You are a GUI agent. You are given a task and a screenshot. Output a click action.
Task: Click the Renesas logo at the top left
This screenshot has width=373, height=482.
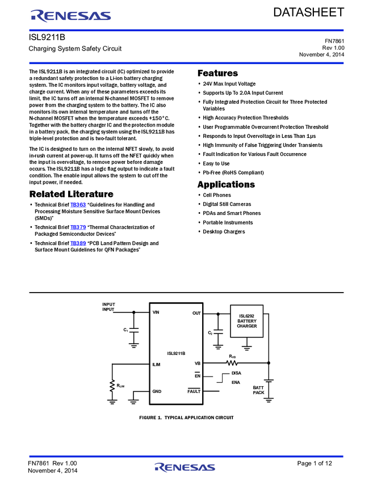coord(71,16)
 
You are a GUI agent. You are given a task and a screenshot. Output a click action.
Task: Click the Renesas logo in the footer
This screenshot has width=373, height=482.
coord(185,467)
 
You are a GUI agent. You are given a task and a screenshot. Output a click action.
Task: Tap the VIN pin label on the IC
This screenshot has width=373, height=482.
coord(156,312)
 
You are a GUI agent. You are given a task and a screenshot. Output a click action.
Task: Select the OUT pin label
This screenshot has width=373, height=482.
coord(196,313)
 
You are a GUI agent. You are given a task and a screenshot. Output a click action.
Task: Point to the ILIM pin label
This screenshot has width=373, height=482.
coord(156,365)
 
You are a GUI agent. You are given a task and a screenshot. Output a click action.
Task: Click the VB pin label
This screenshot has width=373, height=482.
coord(198,363)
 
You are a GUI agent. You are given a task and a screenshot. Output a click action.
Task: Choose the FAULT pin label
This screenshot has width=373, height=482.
coord(195,391)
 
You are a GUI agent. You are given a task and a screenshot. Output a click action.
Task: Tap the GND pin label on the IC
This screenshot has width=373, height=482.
coord(157,391)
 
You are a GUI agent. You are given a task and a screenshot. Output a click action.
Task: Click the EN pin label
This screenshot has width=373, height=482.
coord(198,376)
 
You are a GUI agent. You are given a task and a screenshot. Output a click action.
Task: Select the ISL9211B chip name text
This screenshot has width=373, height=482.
coord(175,353)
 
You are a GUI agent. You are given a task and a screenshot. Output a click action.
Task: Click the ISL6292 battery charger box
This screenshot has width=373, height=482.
coord(247,322)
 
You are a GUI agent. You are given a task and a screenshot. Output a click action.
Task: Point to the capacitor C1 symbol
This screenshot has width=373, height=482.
coord(134,329)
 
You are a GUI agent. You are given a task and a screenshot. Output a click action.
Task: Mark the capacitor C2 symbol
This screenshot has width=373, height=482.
coord(218,331)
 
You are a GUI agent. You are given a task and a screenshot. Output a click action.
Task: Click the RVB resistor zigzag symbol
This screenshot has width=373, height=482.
coord(232,363)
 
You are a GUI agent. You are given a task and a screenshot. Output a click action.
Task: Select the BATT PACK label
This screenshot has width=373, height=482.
coord(258,390)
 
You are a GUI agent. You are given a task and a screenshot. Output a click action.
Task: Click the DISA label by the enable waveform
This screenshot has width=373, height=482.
coord(236,373)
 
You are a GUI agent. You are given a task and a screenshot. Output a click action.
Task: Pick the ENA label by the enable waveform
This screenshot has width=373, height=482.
coord(236,383)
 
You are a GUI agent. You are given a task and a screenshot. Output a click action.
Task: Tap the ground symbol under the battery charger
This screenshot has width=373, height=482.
coord(247,346)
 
